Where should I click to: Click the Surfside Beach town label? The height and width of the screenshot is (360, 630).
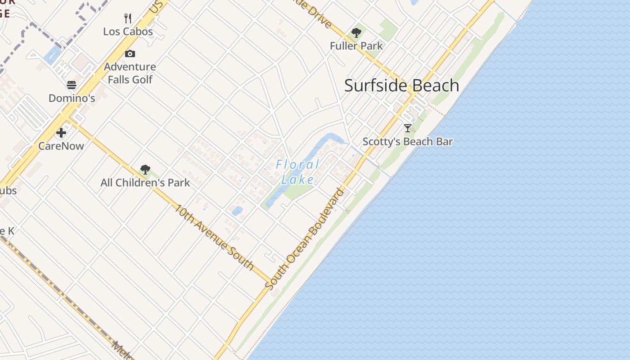point(401,85)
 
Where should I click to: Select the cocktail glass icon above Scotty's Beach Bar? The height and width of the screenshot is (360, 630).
point(408,128)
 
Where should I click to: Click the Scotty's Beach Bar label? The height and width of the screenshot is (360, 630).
point(408,141)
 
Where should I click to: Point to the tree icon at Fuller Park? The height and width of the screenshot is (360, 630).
point(356,33)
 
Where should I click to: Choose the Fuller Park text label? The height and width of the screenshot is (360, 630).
point(356,46)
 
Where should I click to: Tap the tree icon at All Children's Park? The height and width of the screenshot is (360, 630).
point(145,170)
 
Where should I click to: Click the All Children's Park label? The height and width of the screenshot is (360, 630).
point(145,183)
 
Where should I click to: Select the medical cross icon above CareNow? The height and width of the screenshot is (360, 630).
point(61,133)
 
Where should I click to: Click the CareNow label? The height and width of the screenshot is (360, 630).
point(61,146)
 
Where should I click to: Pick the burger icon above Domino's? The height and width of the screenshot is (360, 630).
point(72,85)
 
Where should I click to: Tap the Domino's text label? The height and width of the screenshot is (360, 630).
point(72,98)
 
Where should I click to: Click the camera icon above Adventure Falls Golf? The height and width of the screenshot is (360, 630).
point(130,54)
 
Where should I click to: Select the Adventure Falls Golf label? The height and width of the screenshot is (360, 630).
point(130,73)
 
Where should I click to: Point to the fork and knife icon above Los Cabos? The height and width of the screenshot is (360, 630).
point(128,18)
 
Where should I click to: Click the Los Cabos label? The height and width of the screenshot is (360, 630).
point(128,31)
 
